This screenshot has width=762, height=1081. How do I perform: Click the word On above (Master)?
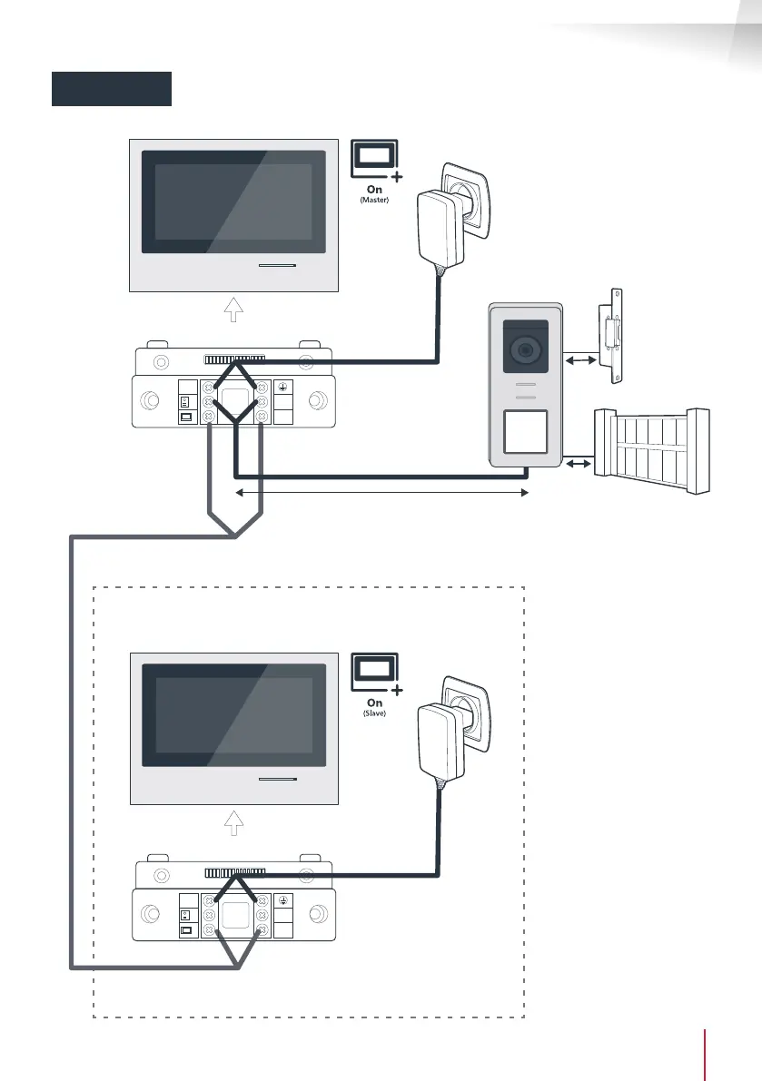374,190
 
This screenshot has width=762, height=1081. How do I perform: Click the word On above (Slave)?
374,703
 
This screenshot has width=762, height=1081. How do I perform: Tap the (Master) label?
374,201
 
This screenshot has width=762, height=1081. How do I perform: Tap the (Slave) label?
374,713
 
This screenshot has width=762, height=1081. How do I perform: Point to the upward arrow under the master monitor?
233,311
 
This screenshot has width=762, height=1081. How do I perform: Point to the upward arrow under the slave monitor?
233,825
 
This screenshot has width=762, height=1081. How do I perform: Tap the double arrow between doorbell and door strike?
579,361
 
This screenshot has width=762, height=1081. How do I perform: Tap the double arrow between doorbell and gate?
578,465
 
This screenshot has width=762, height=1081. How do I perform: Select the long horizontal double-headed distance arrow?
381,493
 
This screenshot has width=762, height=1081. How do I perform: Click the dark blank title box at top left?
111,88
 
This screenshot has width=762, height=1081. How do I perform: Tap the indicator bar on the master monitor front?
276,267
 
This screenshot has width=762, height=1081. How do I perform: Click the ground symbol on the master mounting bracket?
281,385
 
